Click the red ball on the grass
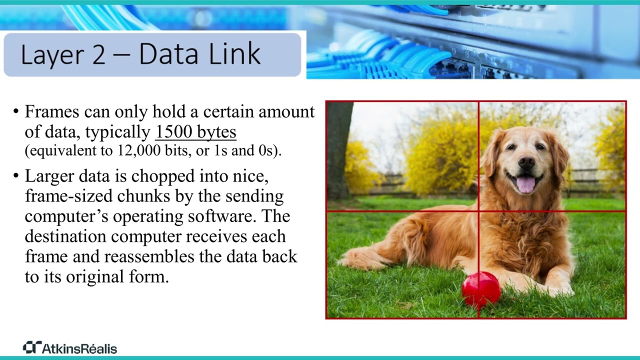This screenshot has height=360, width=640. point(480,289)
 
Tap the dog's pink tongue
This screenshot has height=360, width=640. point(525,184)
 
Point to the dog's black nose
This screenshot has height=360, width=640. point(526,162)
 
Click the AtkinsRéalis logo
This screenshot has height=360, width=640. point(70,348)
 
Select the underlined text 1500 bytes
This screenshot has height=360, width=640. point(195,132)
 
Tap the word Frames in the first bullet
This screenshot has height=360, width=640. point(52,111)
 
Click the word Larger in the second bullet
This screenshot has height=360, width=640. point(52,176)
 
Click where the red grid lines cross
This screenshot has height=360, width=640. point(478,211)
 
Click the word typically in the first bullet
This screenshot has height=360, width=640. point(118,132)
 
